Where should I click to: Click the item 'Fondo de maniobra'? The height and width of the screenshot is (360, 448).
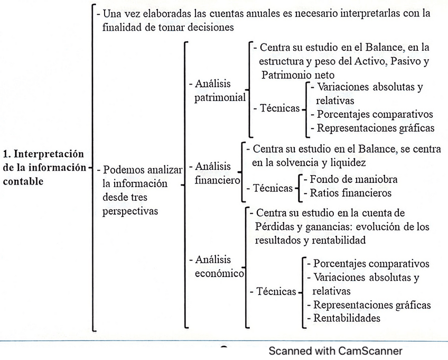[353, 179]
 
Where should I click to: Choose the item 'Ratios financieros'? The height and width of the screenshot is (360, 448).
[351, 192]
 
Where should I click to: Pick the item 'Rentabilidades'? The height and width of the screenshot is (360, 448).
[347, 318]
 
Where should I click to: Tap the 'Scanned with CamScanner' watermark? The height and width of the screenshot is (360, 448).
[335, 351]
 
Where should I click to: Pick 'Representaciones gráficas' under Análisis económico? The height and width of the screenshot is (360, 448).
[372, 305]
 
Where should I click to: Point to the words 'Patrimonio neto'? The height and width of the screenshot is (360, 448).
[297, 75]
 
